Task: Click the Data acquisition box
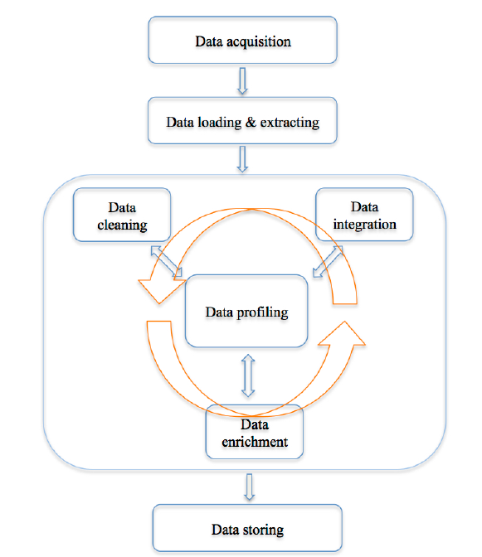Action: tap(242, 40)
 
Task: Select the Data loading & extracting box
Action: tap(242, 121)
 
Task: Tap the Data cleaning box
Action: tap(122, 215)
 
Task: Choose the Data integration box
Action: tap(364, 215)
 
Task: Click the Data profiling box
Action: tap(246, 311)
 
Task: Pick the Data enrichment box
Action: tap(255, 432)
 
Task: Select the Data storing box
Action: tap(247, 528)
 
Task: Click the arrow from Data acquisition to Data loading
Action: tap(242, 81)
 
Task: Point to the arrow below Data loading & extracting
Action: tap(242, 159)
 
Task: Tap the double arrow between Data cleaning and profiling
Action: tap(167, 261)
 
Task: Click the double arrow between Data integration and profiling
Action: tap(328, 261)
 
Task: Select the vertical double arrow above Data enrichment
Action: tap(248, 375)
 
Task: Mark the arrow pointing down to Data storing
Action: tap(250, 487)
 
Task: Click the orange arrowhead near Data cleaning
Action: tap(161, 290)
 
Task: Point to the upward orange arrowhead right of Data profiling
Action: tap(343, 334)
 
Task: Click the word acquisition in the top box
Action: tap(259, 42)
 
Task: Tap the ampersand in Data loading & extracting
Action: tap(251, 122)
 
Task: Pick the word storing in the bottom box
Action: tap(263, 530)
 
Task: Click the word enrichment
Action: tap(255, 442)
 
